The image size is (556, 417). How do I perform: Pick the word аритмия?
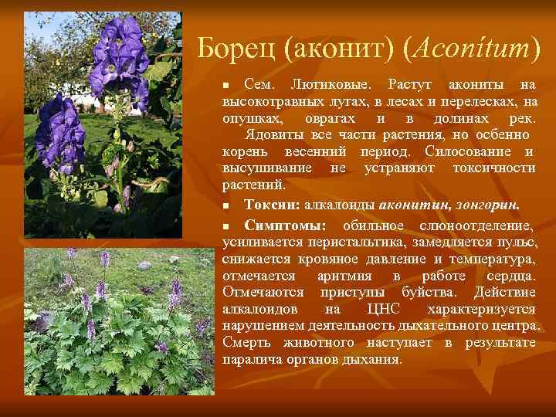click(x=344, y=276)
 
